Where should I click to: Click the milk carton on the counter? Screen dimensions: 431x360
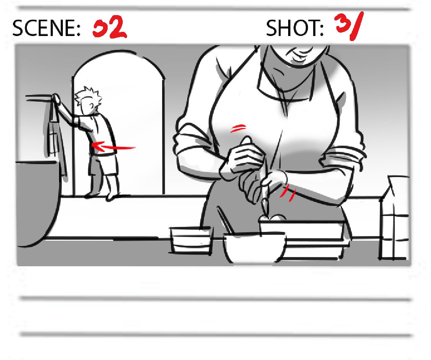393,218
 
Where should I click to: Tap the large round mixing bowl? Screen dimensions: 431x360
254,248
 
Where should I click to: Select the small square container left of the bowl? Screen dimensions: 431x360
191,240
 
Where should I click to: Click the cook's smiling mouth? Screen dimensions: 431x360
298,55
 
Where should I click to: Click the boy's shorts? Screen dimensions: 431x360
103,165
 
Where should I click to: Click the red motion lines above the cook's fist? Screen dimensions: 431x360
237,128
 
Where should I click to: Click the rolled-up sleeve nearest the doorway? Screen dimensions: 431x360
192,143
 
